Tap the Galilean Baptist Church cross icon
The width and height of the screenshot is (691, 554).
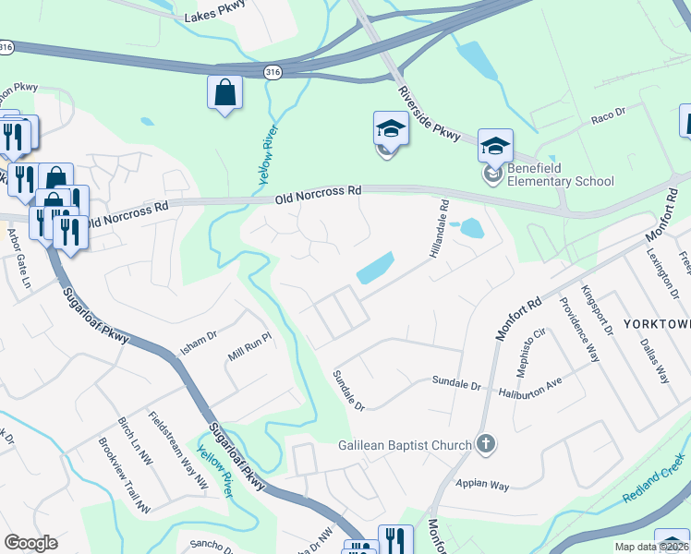(486, 445)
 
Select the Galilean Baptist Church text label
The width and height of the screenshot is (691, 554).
(405, 445)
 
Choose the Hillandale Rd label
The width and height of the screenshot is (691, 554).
(437, 228)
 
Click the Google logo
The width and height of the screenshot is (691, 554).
(30, 542)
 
